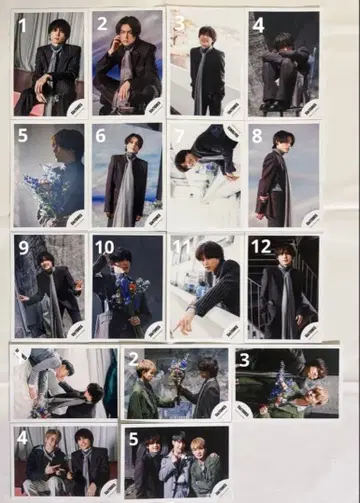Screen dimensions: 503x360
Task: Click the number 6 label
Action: [x=101, y=135]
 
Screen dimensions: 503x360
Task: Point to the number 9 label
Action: [x=24, y=246]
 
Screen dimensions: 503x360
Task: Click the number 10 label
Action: [x=105, y=247]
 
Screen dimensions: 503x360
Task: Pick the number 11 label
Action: [x=182, y=247]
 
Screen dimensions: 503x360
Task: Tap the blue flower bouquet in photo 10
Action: [x=128, y=292]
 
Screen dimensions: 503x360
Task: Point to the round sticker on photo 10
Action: [x=153, y=329]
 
